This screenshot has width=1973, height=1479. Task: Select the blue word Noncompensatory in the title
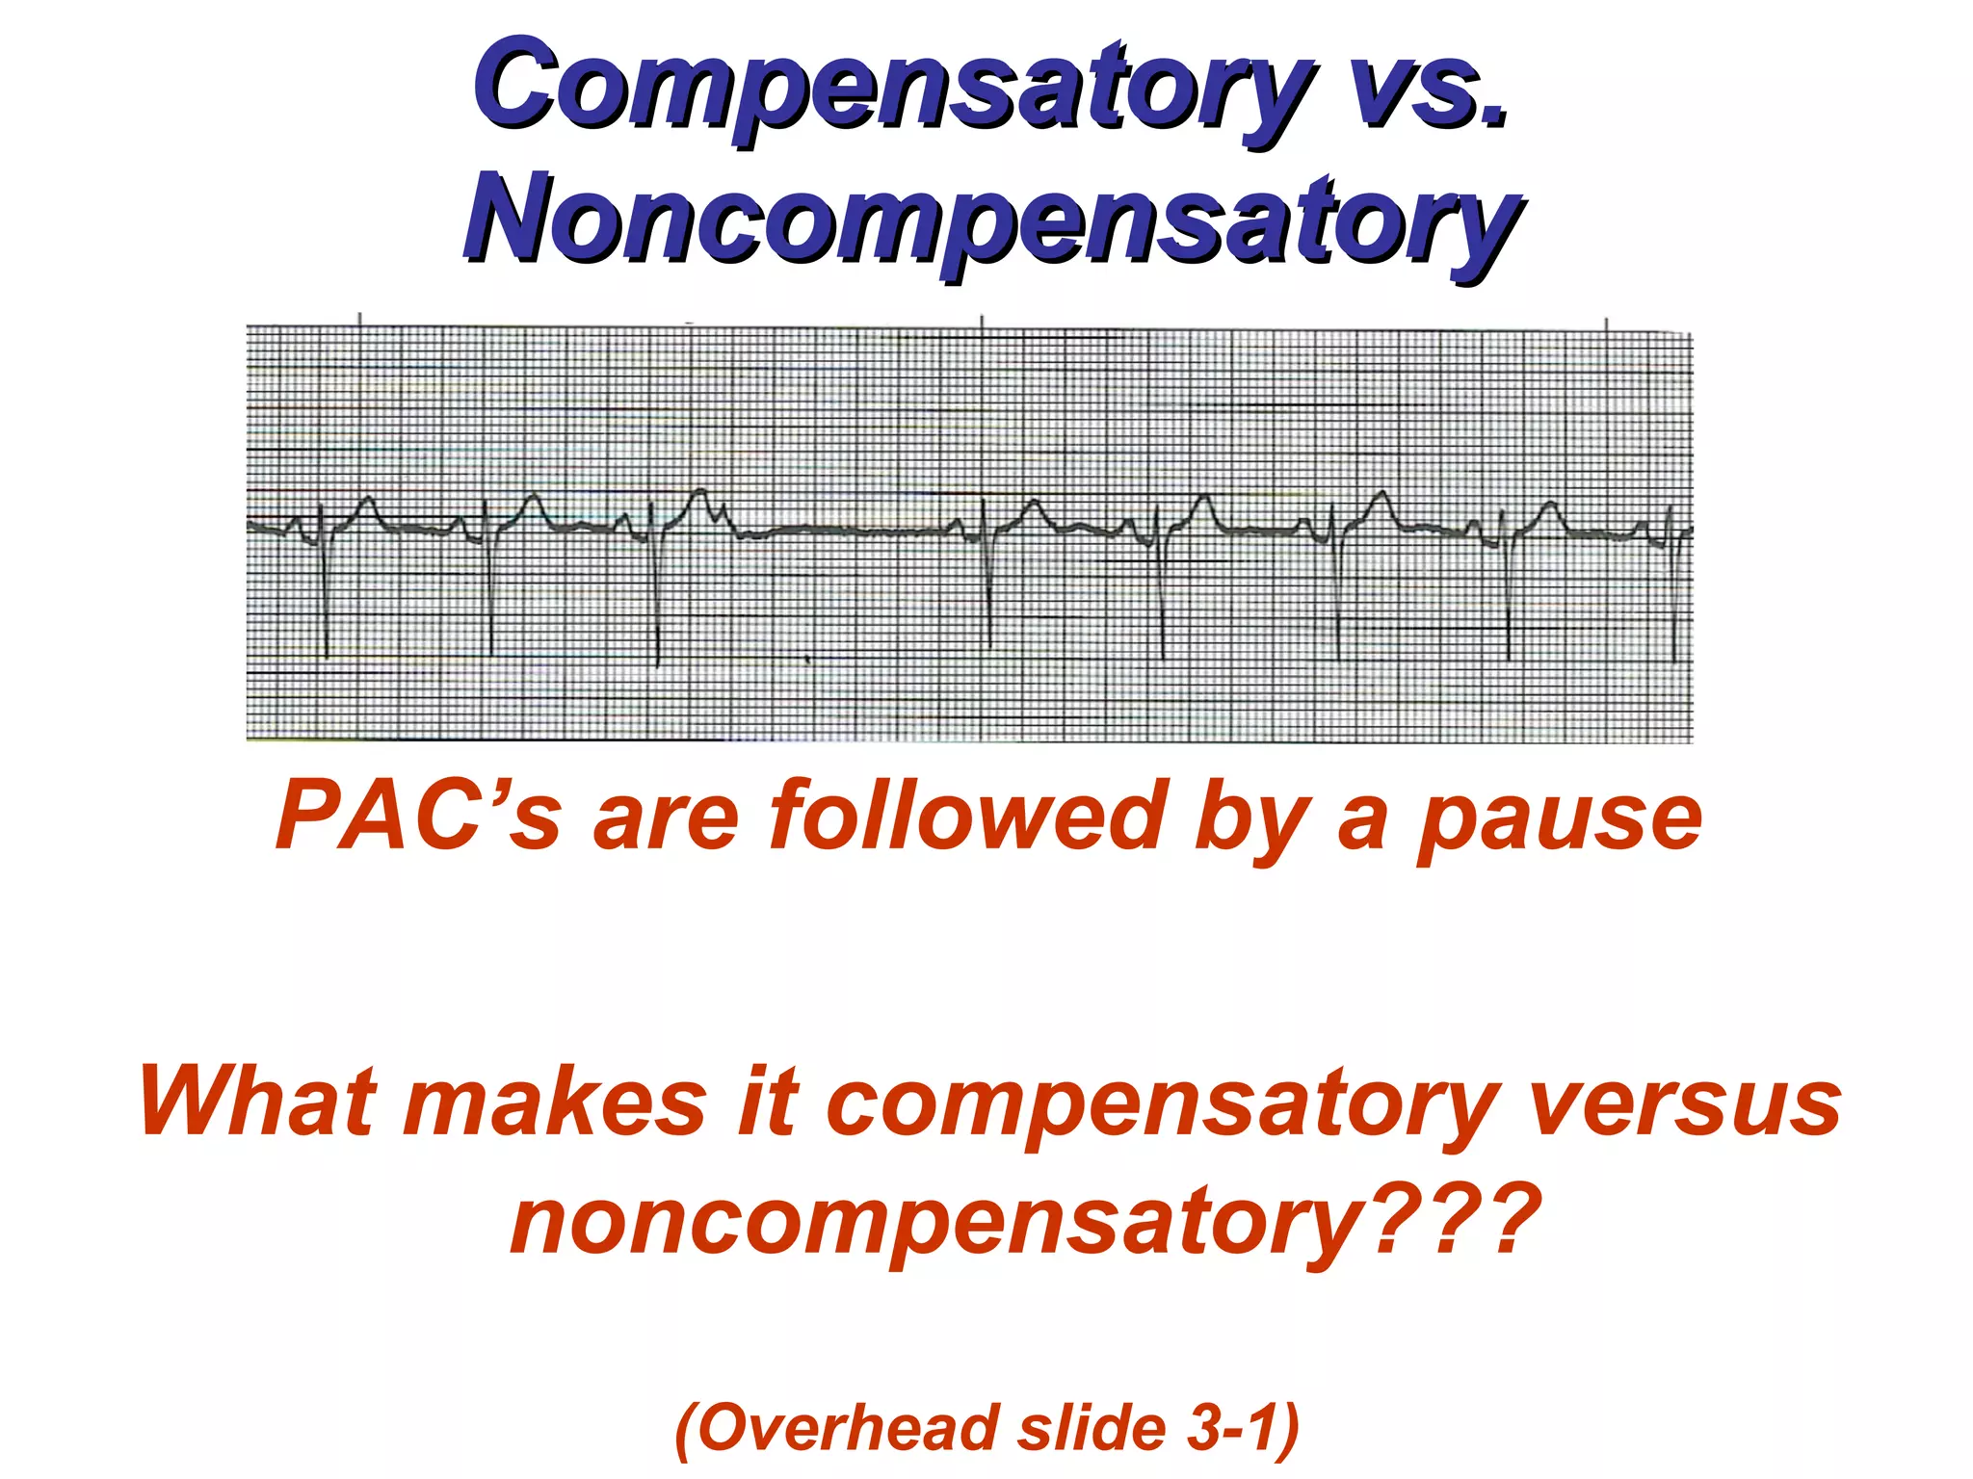992,220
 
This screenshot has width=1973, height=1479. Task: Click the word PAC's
416,817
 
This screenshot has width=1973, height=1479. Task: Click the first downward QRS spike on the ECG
326,597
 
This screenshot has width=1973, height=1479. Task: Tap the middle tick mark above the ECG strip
982,322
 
